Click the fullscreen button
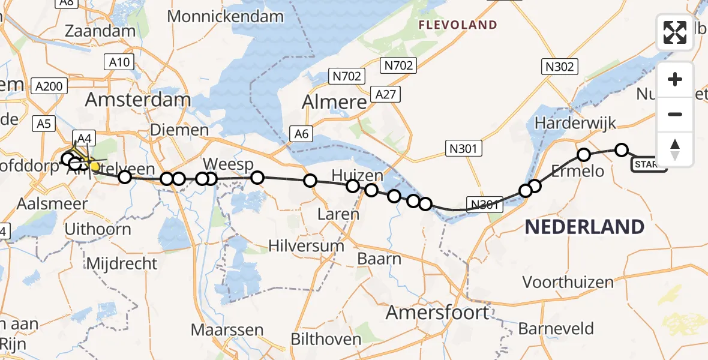click(675, 32)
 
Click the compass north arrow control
click(675, 149)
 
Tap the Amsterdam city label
click(138, 100)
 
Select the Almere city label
click(334, 102)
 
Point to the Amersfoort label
click(437, 313)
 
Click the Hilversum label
click(306, 245)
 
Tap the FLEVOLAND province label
click(458, 25)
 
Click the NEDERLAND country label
click(584, 227)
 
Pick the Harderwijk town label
click(575, 124)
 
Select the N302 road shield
click(559, 67)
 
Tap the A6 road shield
click(301, 134)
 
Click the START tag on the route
click(648, 165)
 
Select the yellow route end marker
click(94, 166)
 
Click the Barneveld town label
click(556, 329)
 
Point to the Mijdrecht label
click(122, 263)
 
